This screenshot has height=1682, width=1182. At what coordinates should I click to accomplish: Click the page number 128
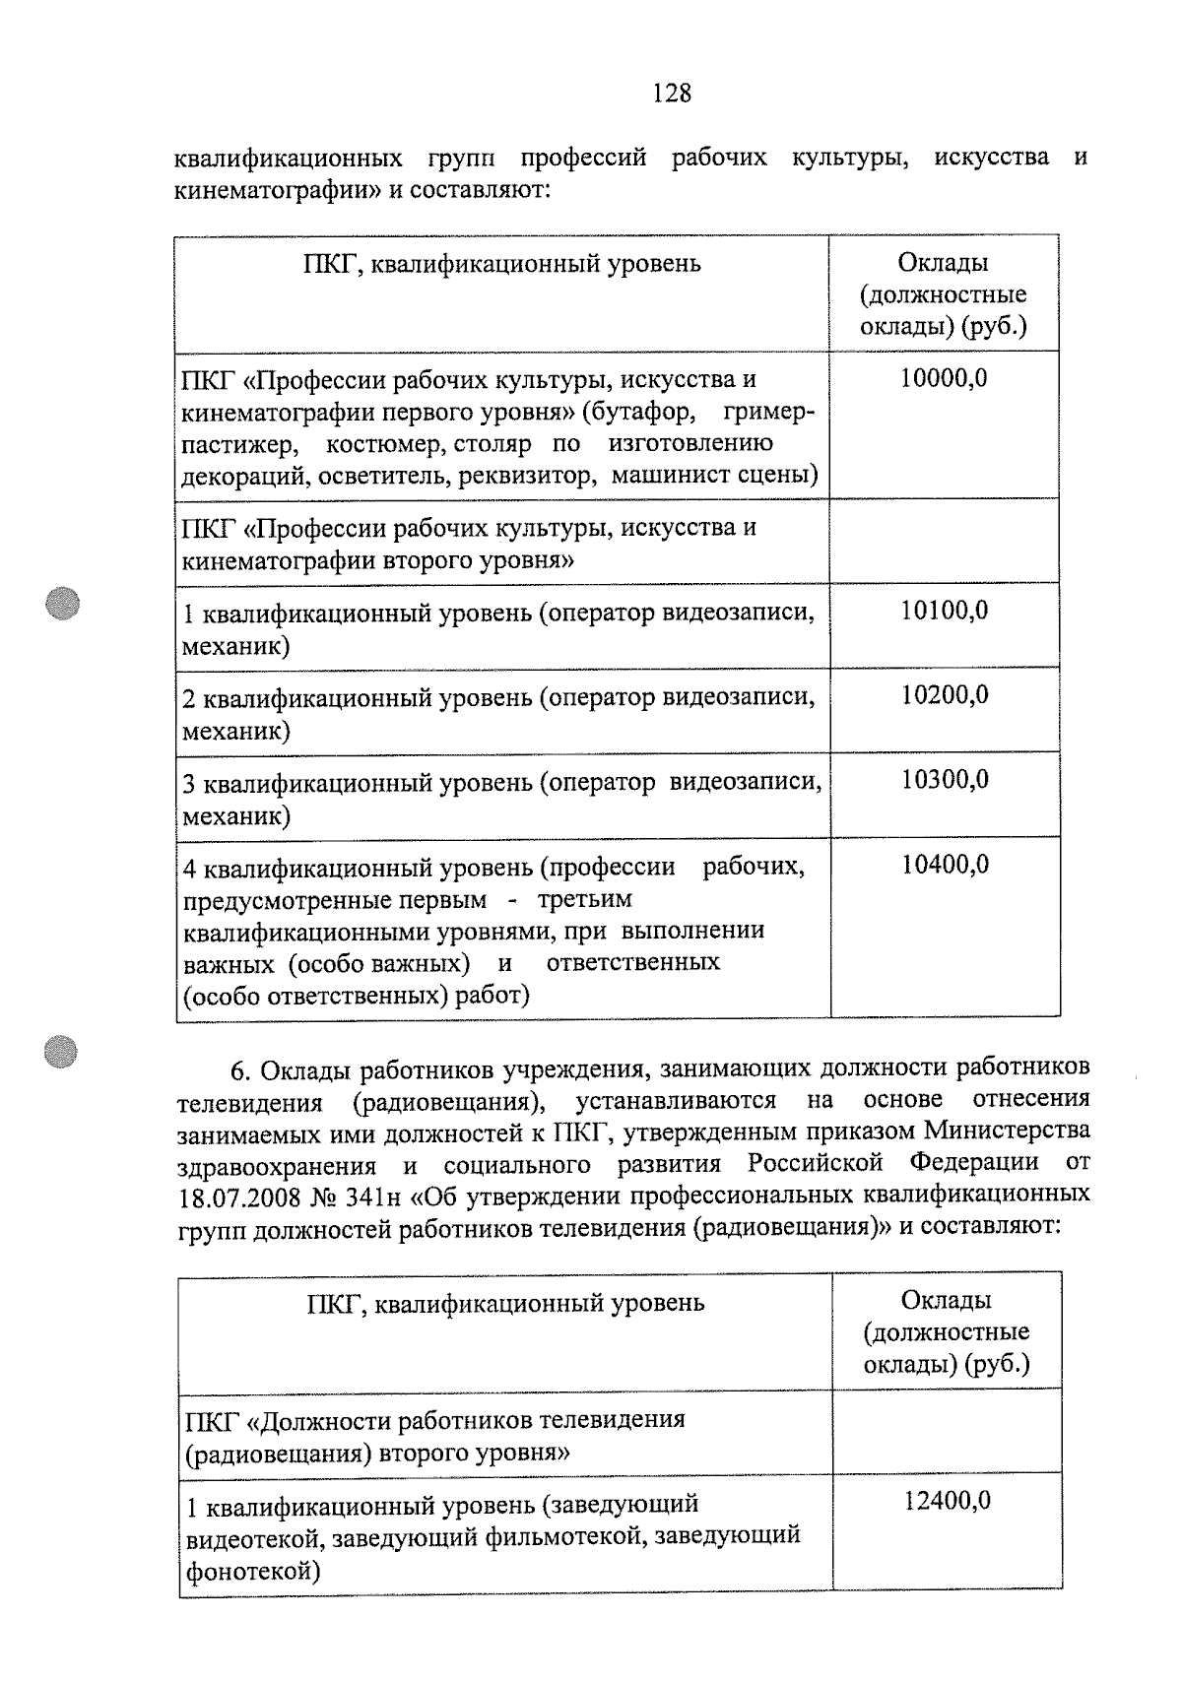(672, 94)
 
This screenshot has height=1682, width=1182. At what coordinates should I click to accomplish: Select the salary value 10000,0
(944, 378)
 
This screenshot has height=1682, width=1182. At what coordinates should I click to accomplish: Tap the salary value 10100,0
(944, 611)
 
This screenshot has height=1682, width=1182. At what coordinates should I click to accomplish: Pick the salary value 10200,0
(944, 695)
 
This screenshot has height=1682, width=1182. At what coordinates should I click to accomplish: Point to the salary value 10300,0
(944, 780)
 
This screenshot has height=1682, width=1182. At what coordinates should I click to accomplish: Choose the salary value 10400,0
(944, 865)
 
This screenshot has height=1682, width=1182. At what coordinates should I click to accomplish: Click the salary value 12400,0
(947, 1502)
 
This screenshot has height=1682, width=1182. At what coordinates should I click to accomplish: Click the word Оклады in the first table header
(943, 263)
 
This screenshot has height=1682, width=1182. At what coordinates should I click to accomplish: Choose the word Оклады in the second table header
(946, 1300)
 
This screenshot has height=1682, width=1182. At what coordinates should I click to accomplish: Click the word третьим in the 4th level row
(585, 900)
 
